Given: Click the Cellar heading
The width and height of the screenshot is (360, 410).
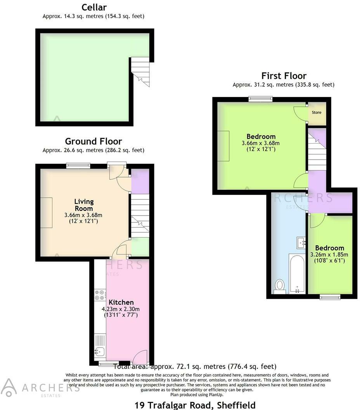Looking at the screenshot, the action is click(94, 7).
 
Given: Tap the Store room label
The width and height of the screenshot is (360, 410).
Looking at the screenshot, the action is click(317, 113).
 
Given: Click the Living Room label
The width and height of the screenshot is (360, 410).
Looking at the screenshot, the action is click(84, 205).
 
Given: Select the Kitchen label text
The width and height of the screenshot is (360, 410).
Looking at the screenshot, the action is click(121, 302).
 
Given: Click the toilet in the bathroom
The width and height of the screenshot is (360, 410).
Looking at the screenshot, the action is click(280, 286).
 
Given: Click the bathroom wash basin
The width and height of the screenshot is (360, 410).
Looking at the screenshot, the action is click(301, 243).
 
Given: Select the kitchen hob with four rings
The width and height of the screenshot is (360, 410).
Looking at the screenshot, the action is click(100, 295).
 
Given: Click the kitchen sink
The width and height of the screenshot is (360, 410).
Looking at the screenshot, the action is click(100, 352).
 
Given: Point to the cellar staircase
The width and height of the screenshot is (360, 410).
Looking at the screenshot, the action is click(140, 72).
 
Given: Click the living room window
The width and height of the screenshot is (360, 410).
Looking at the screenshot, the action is click(78, 165).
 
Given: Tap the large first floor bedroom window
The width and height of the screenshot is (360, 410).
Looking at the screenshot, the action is click(260, 99).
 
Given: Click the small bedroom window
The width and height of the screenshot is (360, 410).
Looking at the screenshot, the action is click(330, 297).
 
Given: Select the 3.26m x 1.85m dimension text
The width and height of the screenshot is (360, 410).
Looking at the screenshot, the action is click(329, 254).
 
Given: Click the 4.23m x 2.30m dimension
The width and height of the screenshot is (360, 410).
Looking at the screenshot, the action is click(120, 309).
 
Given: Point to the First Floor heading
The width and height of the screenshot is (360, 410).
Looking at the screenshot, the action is click(284, 76).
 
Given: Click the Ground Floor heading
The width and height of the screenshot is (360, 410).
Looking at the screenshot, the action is click(93, 141).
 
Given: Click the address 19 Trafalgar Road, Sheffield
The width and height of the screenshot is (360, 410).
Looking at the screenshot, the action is click(195, 405).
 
